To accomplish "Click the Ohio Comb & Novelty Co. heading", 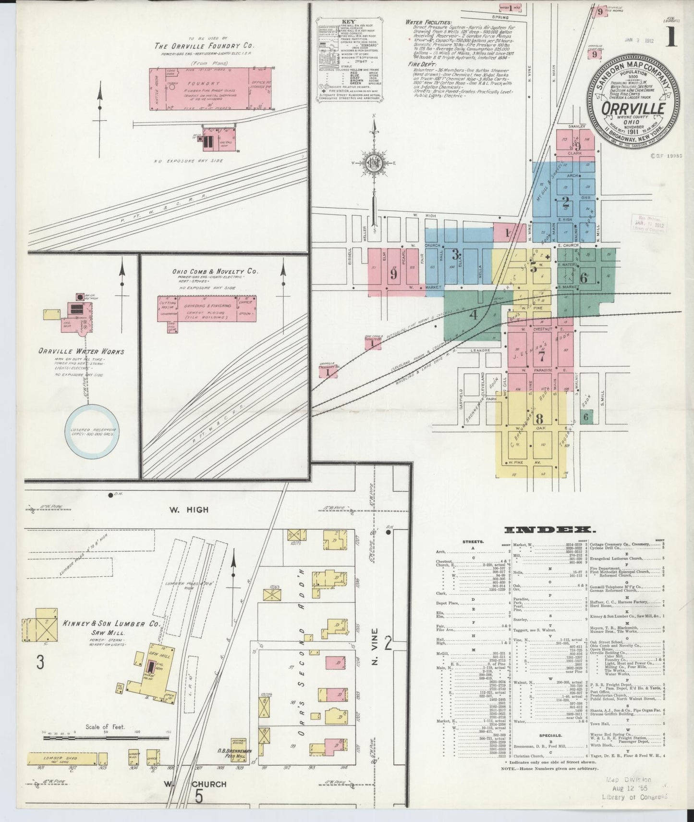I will coord(215,271).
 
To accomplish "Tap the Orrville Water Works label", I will coord(82,351).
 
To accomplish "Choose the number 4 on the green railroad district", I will coord(474,315).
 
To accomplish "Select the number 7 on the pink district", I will coord(541,356).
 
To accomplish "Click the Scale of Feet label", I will coord(106,727).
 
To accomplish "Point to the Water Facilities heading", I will coord(428,22).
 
